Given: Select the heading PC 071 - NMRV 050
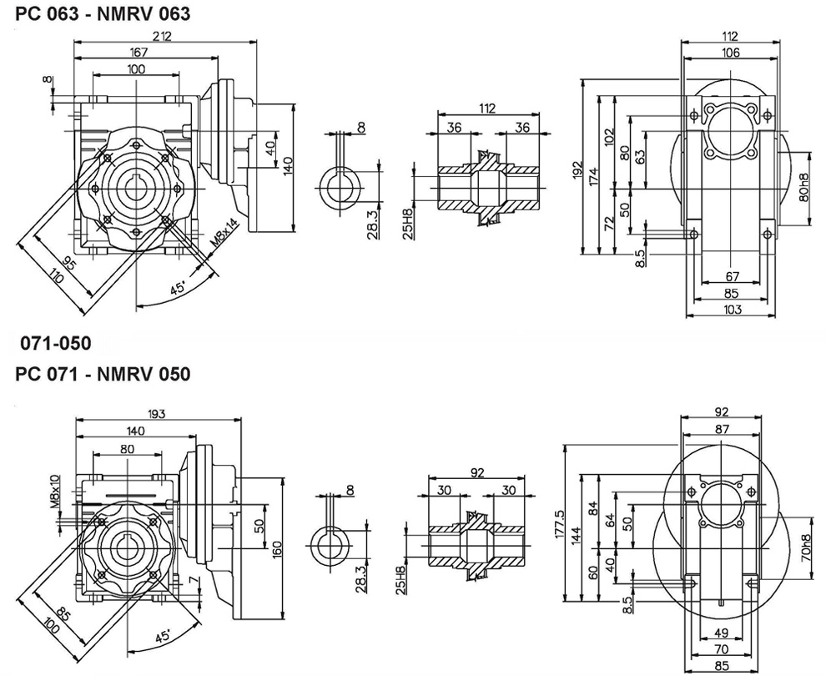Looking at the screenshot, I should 103,373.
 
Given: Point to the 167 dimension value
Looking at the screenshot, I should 139,52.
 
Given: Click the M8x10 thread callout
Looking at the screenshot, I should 54,492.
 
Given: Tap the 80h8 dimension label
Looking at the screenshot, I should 803,190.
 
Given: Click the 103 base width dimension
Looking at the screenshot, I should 733,310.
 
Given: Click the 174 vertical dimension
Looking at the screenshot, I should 593,176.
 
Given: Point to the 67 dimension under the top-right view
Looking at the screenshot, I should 733,277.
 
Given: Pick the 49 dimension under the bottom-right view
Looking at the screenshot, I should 722,633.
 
